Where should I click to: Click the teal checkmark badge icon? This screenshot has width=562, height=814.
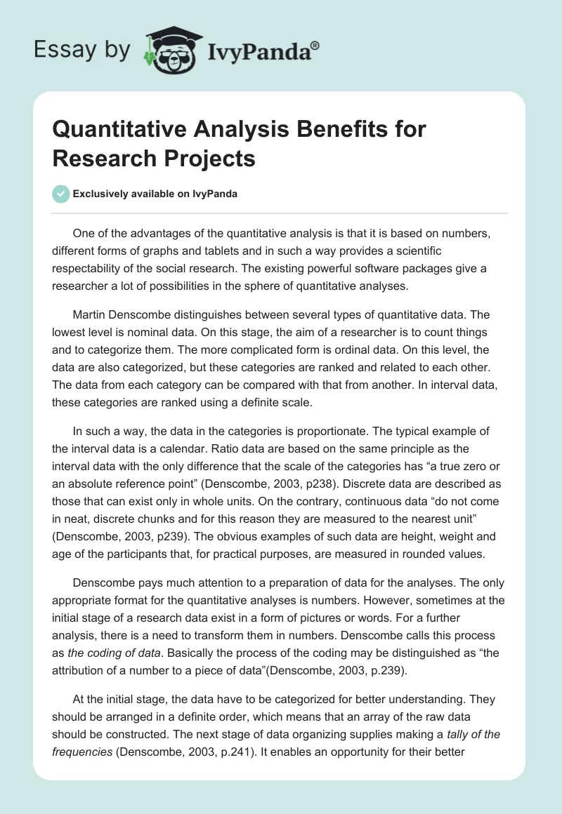tap(61, 194)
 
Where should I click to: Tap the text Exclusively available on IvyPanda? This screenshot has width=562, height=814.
tap(155, 194)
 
